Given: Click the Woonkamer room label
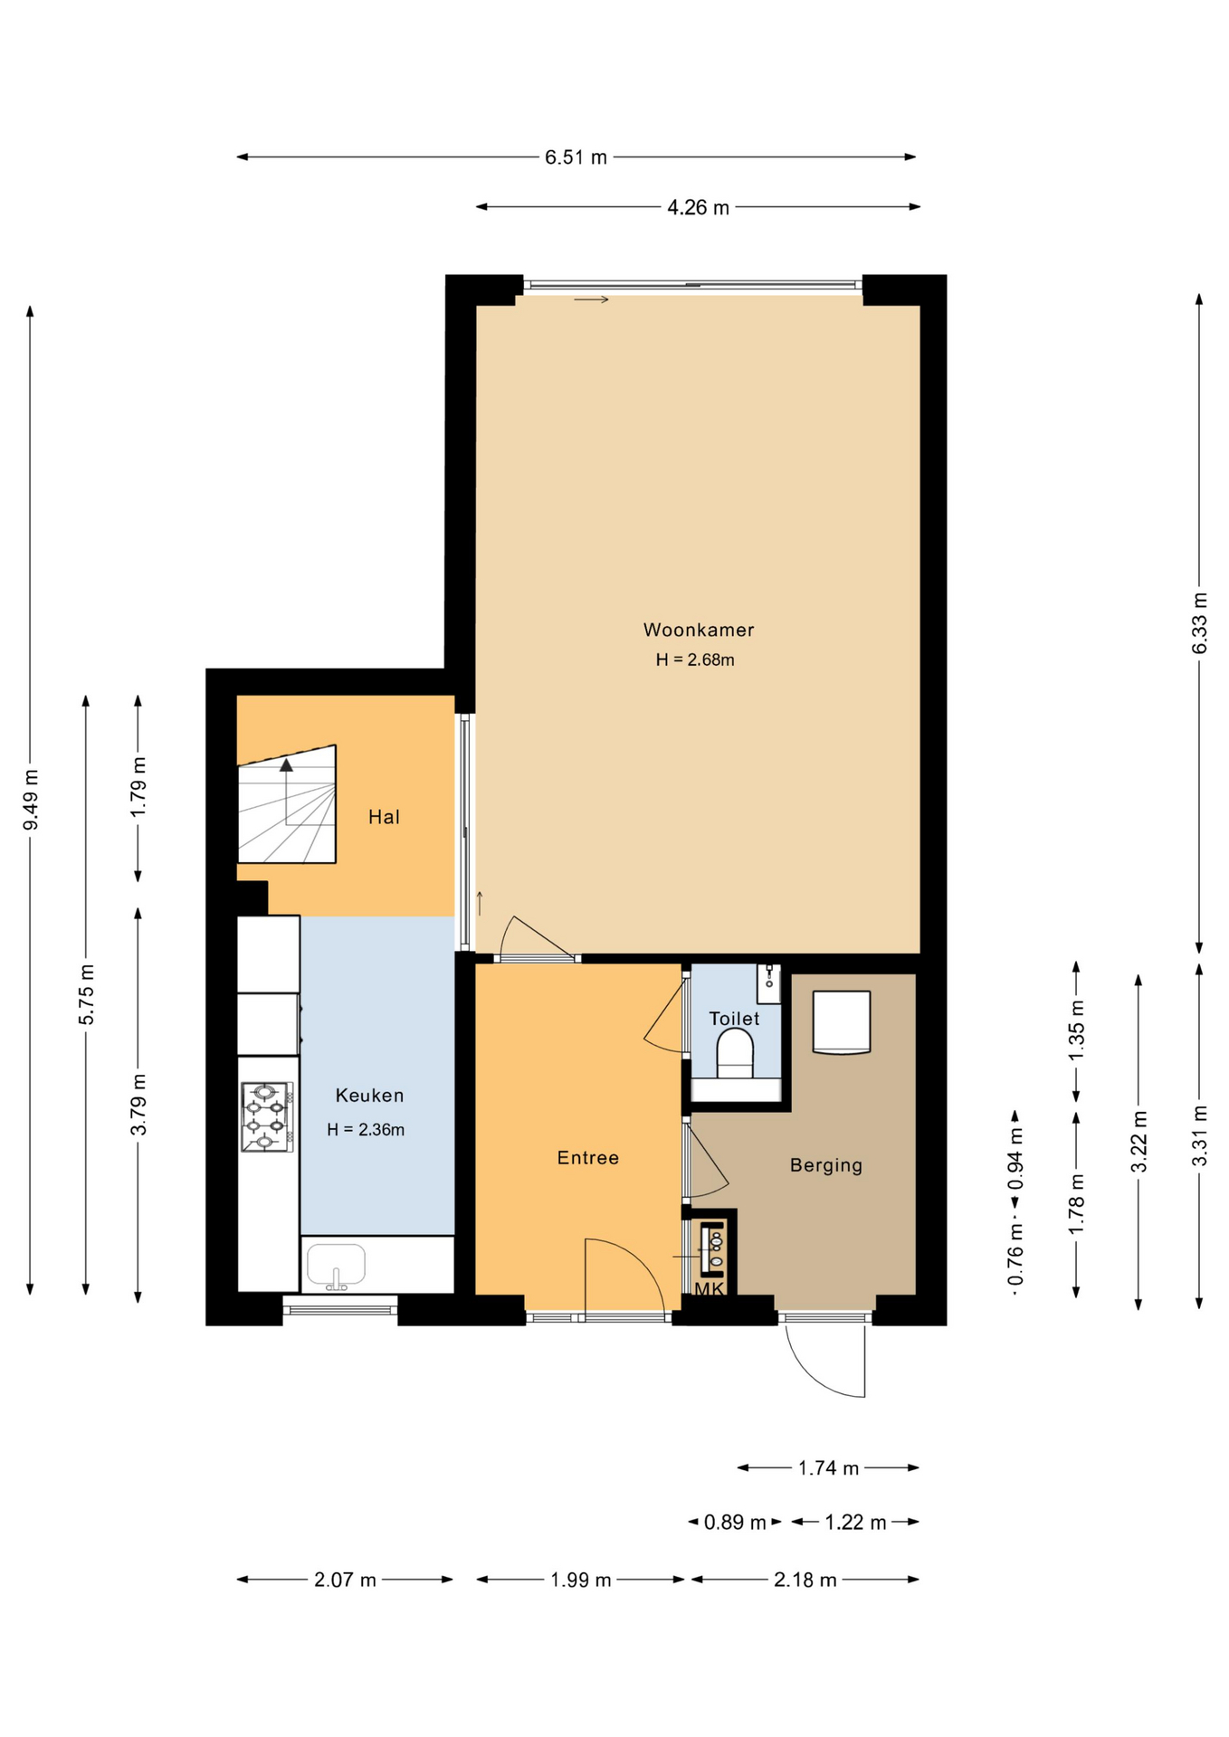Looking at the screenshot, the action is point(698,630).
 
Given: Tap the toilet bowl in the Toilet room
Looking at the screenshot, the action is point(735,1056).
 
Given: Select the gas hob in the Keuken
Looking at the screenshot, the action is point(267,1117).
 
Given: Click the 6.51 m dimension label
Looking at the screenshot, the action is point(576,157).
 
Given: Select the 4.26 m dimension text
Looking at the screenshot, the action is point(698,207).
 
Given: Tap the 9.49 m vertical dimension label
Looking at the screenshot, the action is point(31,800).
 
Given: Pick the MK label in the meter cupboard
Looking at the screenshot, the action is point(710,1288).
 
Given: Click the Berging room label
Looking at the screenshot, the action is point(826,1165).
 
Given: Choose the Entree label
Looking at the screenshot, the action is point(588,1158).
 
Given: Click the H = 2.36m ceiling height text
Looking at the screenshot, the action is point(366,1130).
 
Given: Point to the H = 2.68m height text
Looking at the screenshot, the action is point(695,660).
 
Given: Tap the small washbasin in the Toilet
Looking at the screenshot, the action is point(768,983).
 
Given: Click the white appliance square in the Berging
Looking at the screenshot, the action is point(842,1022).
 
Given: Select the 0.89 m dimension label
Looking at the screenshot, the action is point(735,1523).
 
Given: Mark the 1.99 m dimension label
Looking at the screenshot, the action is point(581,1580).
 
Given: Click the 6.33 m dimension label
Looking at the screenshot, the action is point(1200,623).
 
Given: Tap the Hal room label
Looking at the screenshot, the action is point(384,818).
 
